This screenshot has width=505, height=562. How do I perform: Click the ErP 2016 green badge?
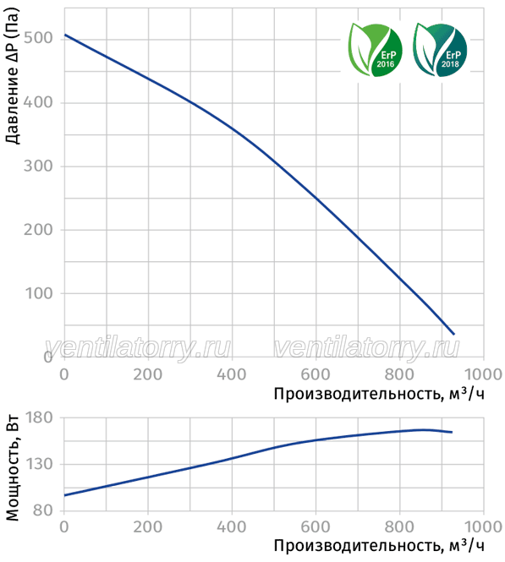(x=376, y=50)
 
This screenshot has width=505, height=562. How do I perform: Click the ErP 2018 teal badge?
(x=440, y=50)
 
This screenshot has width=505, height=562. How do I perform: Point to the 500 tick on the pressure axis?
(x=38, y=37)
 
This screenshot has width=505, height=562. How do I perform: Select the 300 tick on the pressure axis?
(x=38, y=166)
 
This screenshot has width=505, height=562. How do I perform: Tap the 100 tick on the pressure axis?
(x=39, y=293)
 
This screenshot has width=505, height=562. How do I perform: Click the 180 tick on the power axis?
(x=39, y=417)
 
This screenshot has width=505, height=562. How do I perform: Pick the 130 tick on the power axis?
(x=39, y=464)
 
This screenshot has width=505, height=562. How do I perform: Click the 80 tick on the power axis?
(x=42, y=510)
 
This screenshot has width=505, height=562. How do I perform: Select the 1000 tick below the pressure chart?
(x=483, y=374)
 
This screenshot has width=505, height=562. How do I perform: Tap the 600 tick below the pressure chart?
(x=316, y=374)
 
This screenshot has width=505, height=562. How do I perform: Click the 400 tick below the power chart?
(x=231, y=527)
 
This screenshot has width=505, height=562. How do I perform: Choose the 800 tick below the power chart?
(x=399, y=527)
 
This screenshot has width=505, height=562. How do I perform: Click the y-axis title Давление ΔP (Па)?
(x=12, y=76)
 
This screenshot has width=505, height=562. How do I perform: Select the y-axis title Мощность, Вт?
(x=12, y=468)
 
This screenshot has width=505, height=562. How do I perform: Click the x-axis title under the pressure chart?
(x=379, y=394)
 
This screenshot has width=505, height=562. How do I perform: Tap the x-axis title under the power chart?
(x=379, y=545)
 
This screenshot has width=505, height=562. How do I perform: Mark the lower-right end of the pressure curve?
(x=453, y=334)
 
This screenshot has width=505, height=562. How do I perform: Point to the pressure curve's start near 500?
(x=65, y=35)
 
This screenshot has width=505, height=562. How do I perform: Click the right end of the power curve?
(x=452, y=432)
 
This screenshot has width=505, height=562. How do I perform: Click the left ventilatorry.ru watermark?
(x=138, y=347)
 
